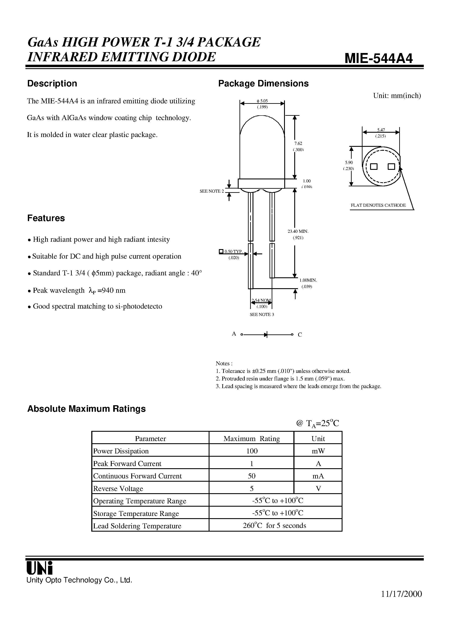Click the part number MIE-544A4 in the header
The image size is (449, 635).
coord(378,58)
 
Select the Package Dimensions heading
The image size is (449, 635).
coord(263,84)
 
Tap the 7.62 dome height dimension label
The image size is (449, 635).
coord(298,143)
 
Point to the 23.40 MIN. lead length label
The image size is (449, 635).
coord(298,231)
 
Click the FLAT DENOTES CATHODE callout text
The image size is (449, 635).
coord(378,205)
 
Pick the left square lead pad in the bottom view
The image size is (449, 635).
coord(374,167)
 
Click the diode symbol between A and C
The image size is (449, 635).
coord(266,335)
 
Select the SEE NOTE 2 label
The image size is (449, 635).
coord(212,191)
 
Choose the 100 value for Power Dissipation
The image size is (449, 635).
coord(252,451)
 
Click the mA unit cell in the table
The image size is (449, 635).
coord(318,476)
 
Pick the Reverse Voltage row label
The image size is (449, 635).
coord(118,489)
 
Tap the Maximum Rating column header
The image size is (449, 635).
coord(251,439)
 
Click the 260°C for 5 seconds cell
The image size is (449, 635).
coord(274,526)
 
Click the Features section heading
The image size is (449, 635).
coord(46,218)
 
